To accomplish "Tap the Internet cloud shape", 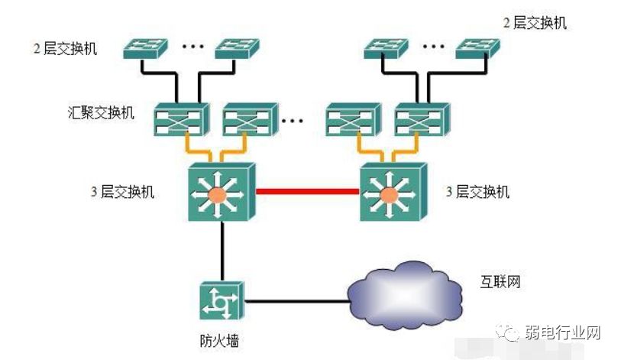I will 405,293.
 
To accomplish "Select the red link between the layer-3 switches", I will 307,192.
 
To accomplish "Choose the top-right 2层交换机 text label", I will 535,23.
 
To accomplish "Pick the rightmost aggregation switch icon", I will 421,120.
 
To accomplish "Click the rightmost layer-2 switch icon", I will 479,48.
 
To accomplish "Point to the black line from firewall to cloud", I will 294,301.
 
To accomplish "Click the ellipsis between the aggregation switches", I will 292,120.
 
